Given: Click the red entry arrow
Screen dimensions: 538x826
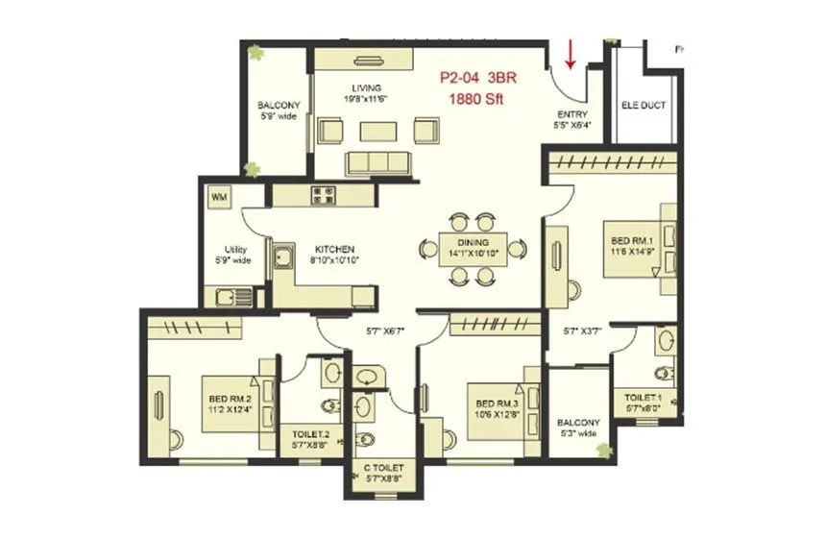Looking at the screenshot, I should coord(571,54).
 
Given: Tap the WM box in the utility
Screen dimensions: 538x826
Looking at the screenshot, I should coord(219,197).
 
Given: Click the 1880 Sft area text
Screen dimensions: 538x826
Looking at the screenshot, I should coord(475,98).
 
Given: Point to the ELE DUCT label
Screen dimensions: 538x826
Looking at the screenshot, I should coord(644,107).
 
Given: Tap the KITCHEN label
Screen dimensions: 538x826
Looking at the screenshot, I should coord(333,249).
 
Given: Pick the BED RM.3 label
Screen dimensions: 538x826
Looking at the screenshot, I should coord(492,403).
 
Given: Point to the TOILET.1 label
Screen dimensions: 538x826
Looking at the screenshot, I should coord(644,396).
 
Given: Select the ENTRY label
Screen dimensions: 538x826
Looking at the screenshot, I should coord(572,114).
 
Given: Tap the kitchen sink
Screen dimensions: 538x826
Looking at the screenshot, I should coord(283,257).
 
